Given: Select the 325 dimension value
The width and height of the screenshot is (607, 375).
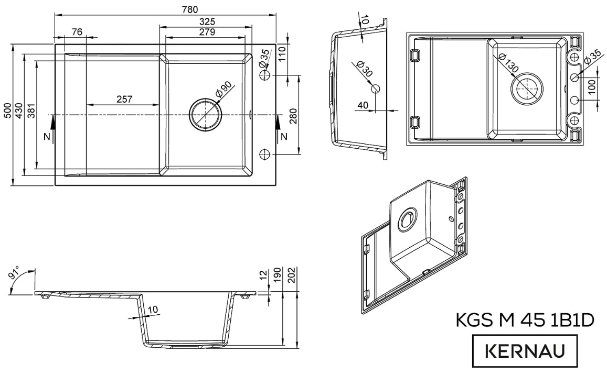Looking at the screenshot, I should click(x=207, y=22).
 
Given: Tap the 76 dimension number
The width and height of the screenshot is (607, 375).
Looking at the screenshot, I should click(x=76, y=32).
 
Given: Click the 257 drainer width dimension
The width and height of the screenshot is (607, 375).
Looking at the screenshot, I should click(x=124, y=98).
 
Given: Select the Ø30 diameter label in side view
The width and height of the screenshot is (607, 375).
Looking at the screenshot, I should click(x=363, y=69).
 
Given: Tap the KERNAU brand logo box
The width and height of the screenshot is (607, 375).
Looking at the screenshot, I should click(x=526, y=350).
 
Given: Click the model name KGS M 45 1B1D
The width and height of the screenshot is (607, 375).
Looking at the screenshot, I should click(x=524, y=320).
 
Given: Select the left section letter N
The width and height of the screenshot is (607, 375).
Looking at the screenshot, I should click(x=47, y=137).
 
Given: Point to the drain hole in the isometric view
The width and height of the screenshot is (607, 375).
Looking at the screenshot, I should click(x=407, y=219).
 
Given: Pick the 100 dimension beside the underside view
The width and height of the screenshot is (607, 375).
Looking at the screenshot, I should click(x=592, y=89).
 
